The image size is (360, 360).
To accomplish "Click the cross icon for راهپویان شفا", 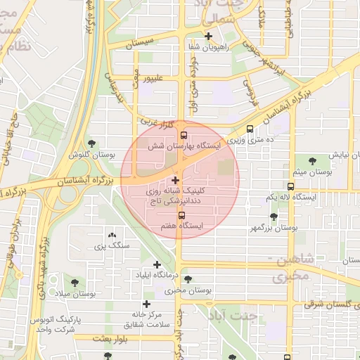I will [x=208, y=36].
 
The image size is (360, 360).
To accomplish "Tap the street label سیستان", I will [x=139, y=44].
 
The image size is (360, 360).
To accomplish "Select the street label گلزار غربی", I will [x=157, y=123].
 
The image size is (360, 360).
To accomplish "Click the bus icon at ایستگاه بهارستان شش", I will [x=184, y=135].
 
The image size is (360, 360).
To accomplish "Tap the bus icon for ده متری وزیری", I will [x=250, y=129].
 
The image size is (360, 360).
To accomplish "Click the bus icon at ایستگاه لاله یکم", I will [x=290, y=186].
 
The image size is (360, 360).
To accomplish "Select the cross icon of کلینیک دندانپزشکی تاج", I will [x=175, y=181].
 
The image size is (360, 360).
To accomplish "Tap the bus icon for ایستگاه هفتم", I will [x=181, y=215].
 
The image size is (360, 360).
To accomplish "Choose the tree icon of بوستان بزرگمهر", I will [x=274, y=217].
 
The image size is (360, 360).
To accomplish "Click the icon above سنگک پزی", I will [x=112, y=235].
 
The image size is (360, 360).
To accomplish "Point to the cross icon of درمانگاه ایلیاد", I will [x=157, y=264].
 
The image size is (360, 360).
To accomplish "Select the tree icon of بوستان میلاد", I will [x=74, y=283].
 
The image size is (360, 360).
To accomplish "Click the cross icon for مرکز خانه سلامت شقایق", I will [x=146, y=304].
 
